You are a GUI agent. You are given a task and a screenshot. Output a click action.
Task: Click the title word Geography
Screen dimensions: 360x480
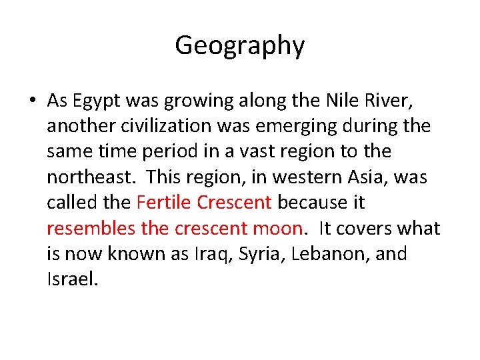click(x=239, y=45)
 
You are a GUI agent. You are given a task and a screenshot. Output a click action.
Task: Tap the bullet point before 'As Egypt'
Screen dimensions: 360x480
click(x=32, y=101)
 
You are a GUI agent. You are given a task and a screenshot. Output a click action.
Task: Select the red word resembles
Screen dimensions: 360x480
click(x=91, y=229)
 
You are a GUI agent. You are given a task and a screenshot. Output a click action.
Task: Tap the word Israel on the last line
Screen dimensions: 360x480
click(x=72, y=279)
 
